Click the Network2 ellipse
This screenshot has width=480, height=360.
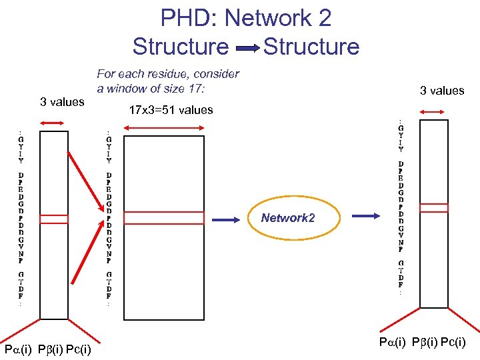pyautogui.click(x=288, y=218)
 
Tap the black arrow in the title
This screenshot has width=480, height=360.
pyautogui.click(x=246, y=48)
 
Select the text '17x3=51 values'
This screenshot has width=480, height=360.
pyautogui.click(x=171, y=110)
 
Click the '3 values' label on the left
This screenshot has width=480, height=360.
pyautogui.click(x=62, y=102)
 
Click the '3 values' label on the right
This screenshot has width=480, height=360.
pyautogui.click(x=441, y=91)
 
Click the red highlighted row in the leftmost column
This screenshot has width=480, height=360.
pyautogui.click(x=54, y=219)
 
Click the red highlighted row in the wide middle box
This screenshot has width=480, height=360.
pyautogui.click(x=164, y=218)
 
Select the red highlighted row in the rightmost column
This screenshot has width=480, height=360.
pyautogui.click(x=434, y=207)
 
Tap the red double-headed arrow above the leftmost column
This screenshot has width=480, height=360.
pyautogui.click(x=53, y=122)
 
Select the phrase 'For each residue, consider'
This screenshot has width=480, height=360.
pyautogui.click(x=168, y=73)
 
